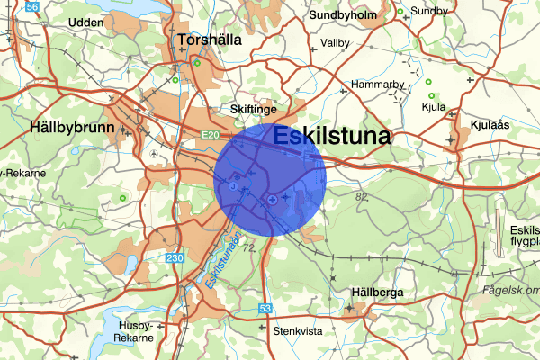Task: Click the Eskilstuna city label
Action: pyautogui.click(x=330, y=137)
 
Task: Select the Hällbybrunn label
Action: pyautogui.click(x=72, y=128)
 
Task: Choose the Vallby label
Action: pyautogui.click(x=336, y=43)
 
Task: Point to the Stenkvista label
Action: pyautogui.click(x=297, y=331)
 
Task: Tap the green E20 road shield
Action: pyautogui.click(x=209, y=135)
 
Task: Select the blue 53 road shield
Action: pyautogui.click(x=266, y=309)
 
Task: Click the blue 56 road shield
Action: pyautogui.click(x=33, y=6)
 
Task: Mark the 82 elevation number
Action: pyautogui.click(x=363, y=196)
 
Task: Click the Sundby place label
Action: pyautogui.click(x=429, y=11)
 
